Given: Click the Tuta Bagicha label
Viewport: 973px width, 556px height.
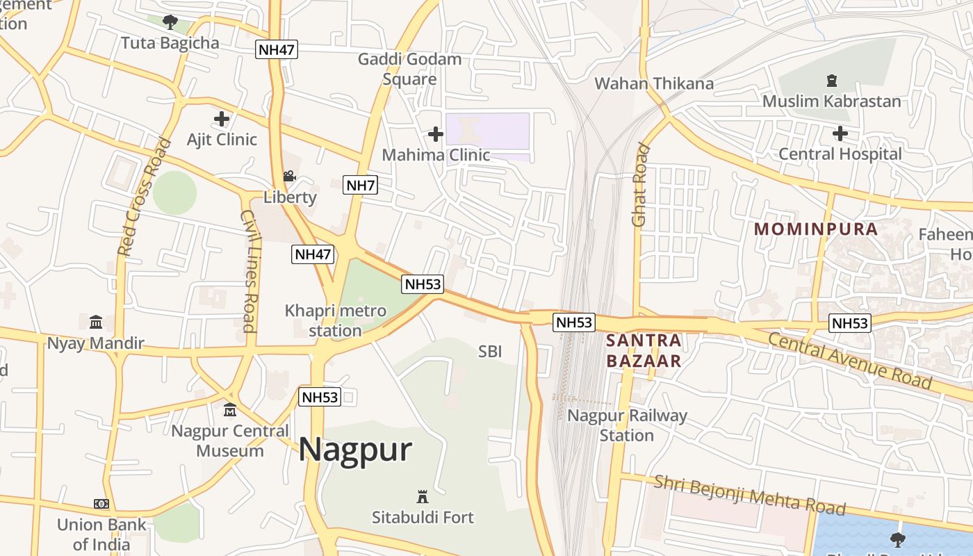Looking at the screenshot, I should pyautogui.click(x=170, y=43).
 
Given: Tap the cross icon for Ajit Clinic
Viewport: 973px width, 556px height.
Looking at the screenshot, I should pyautogui.click(x=222, y=119).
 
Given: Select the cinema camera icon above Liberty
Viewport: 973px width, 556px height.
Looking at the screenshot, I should pyautogui.click(x=289, y=177).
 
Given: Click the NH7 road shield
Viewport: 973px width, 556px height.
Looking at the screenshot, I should pyautogui.click(x=361, y=185).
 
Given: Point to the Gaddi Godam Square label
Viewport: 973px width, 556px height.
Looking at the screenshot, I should pyautogui.click(x=409, y=69).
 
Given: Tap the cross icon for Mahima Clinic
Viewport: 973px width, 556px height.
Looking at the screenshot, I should pyautogui.click(x=436, y=133).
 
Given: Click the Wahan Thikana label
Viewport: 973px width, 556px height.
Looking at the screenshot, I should pyautogui.click(x=654, y=84).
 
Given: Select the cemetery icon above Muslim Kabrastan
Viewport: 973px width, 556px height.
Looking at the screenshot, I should pyautogui.click(x=831, y=81).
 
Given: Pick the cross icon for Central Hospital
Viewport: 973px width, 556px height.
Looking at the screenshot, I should pyautogui.click(x=840, y=133).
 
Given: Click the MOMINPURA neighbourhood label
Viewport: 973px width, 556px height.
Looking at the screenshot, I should pyautogui.click(x=816, y=229).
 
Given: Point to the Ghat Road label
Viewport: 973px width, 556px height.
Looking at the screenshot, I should pyautogui.click(x=640, y=185).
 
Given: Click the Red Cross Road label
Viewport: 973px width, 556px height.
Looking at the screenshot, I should pyautogui.click(x=144, y=197).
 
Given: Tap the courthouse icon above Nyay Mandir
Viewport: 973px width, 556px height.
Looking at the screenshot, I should pyautogui.click(x=96, y=322).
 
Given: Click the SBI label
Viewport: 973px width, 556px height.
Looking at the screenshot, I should pyautogui.click(x=490, y=352).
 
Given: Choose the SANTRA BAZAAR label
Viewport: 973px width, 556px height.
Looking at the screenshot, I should pyautogui.click(x=644, y=351).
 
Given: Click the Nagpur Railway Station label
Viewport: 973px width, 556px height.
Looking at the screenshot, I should pyautogui.click(x=627, y=425).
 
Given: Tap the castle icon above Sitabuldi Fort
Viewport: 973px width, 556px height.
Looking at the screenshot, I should pyautogui.click(x=422, y=496).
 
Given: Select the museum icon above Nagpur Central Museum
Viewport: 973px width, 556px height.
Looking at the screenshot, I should pyautogui.click(x=230, y=410).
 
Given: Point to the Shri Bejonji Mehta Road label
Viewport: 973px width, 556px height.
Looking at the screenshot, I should pyautogui.click(x=750, y=495).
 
